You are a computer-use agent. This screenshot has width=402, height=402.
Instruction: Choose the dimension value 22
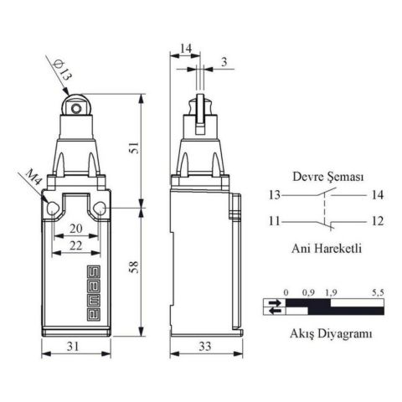pos(76,245)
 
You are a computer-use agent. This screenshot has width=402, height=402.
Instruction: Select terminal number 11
pos(276,222)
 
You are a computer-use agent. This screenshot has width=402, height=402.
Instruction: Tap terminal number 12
pos(376,222)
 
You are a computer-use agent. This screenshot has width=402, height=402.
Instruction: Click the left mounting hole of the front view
pos(51,208)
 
